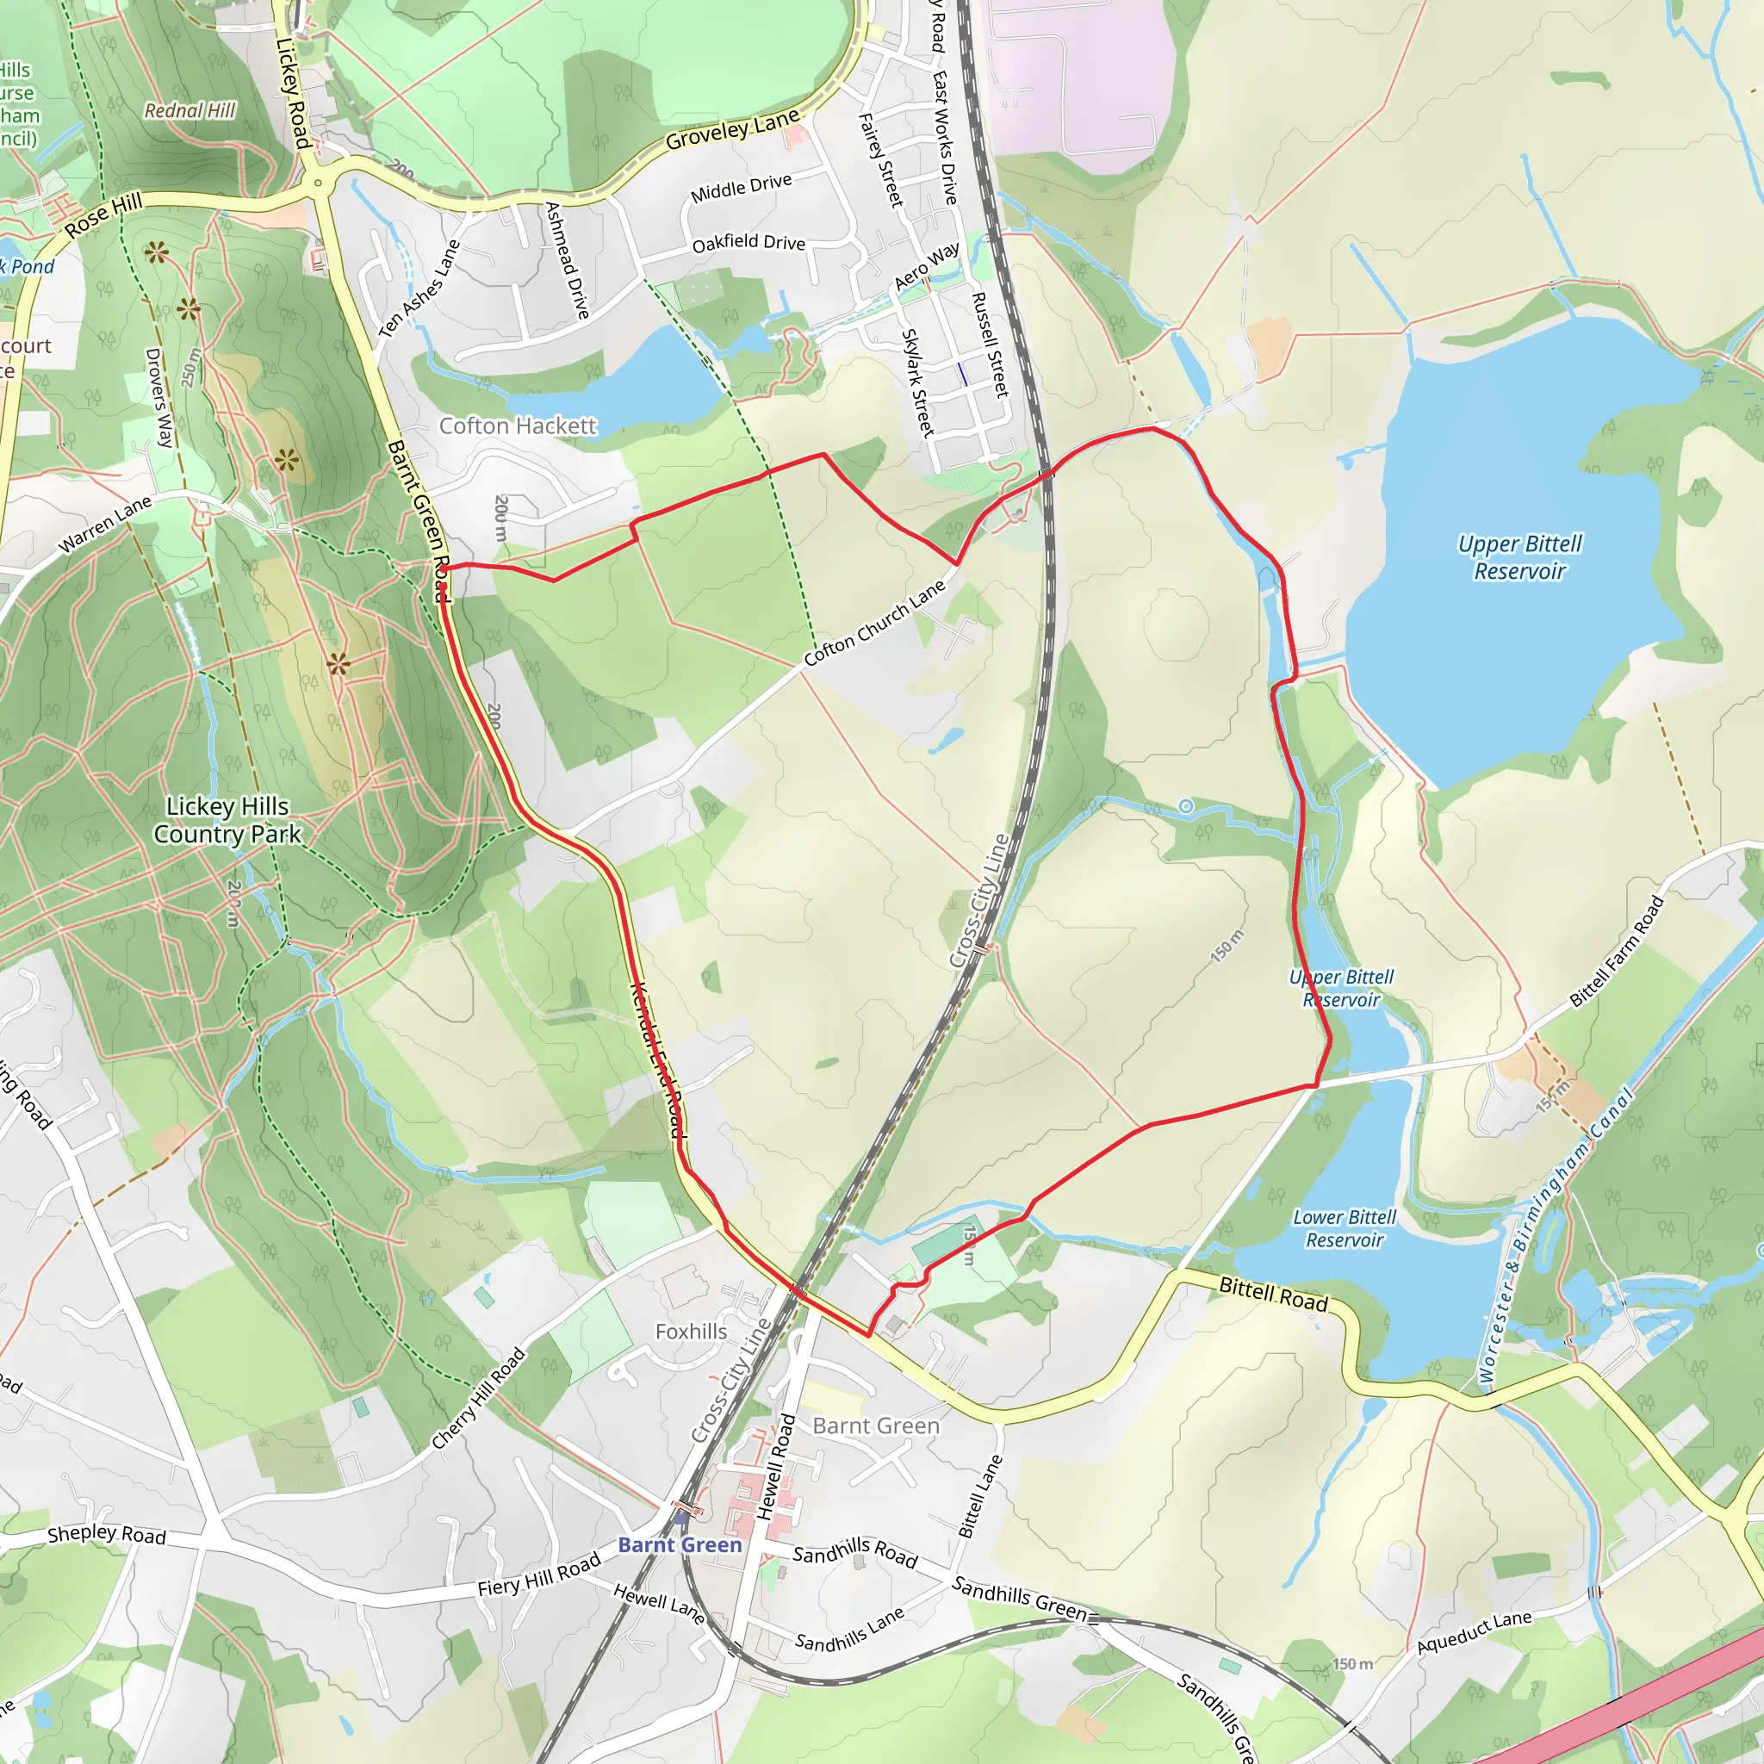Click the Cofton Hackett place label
(517, 426)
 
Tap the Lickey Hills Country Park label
(227, 820)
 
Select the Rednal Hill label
(189, 110)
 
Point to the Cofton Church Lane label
(875, 623)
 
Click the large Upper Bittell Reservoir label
(1519, 557)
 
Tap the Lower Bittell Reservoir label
(1344, 1228)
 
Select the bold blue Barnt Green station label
(680, 1545)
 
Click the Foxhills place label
(691, 1332)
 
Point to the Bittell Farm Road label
(1617, 953)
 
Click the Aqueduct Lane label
(1474, 1631)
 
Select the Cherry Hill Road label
(478, 1399)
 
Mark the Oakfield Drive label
(748, 243)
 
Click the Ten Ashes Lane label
(419, 288)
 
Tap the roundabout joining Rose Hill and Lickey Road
(318, 183)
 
